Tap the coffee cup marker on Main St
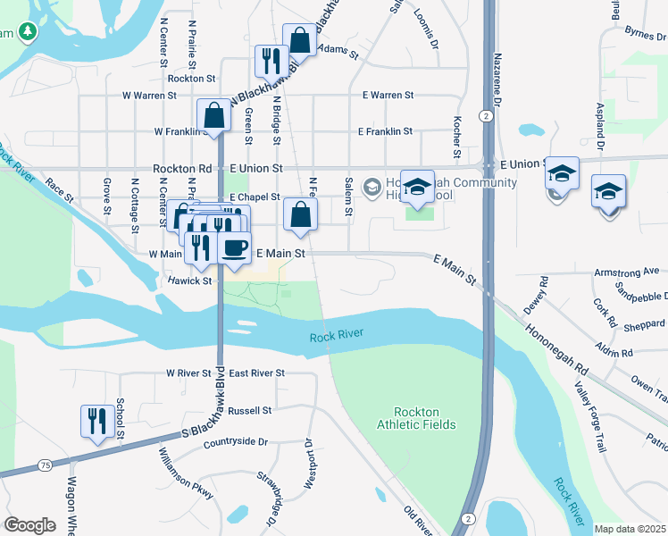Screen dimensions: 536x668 click(234, 247)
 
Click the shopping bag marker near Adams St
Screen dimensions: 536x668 click(299, 39)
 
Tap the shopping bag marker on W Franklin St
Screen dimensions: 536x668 click(213, 115)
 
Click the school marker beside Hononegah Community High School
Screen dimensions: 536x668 click(417, 187)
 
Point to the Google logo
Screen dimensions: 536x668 click(30, 525)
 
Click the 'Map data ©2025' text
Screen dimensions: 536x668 click(630, 529)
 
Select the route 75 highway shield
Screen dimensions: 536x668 click(44, 465)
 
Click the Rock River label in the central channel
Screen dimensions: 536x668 click(338, 337)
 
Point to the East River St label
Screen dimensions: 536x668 click(256, 373)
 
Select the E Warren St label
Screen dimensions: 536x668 click(388, 95)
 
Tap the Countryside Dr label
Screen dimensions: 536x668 click(236, 442)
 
